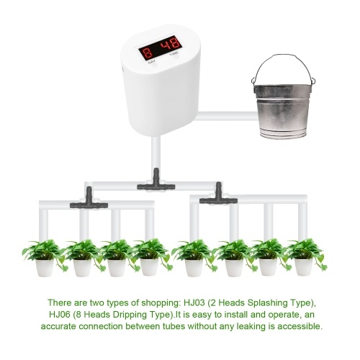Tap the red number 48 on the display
(171, 45)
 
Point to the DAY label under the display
(152, 62)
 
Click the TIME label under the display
(174, 54)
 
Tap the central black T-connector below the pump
(156, 181)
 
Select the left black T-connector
(89, 199)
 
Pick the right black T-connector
(218, 195)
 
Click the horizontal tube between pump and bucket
(226, 116)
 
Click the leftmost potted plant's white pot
(45, 268)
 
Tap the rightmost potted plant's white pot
(304, 267)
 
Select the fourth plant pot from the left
(149, 267)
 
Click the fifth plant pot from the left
(194, 268)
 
